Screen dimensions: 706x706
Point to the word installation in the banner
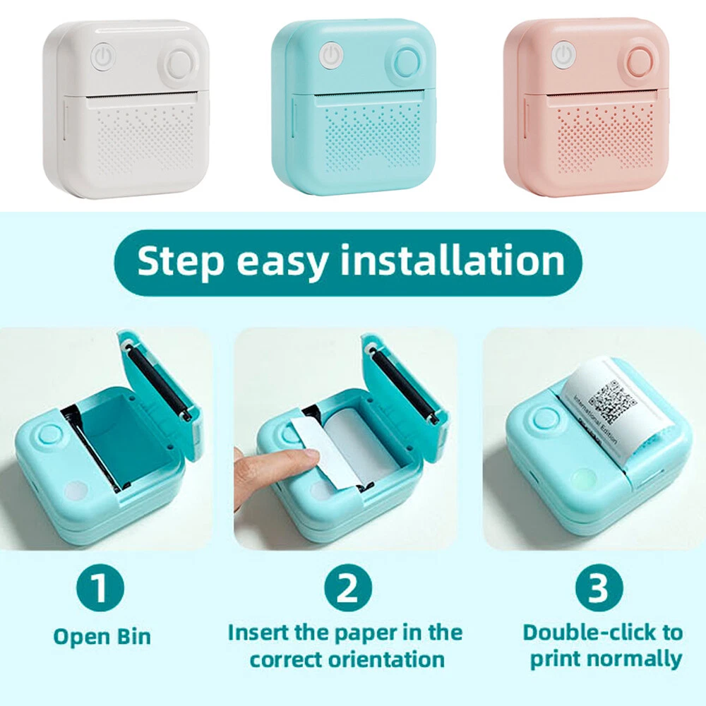[453, 261]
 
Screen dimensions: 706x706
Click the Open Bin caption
[102, 637]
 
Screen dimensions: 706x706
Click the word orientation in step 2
[386, 660]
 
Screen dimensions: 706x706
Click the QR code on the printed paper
[612, 402]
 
